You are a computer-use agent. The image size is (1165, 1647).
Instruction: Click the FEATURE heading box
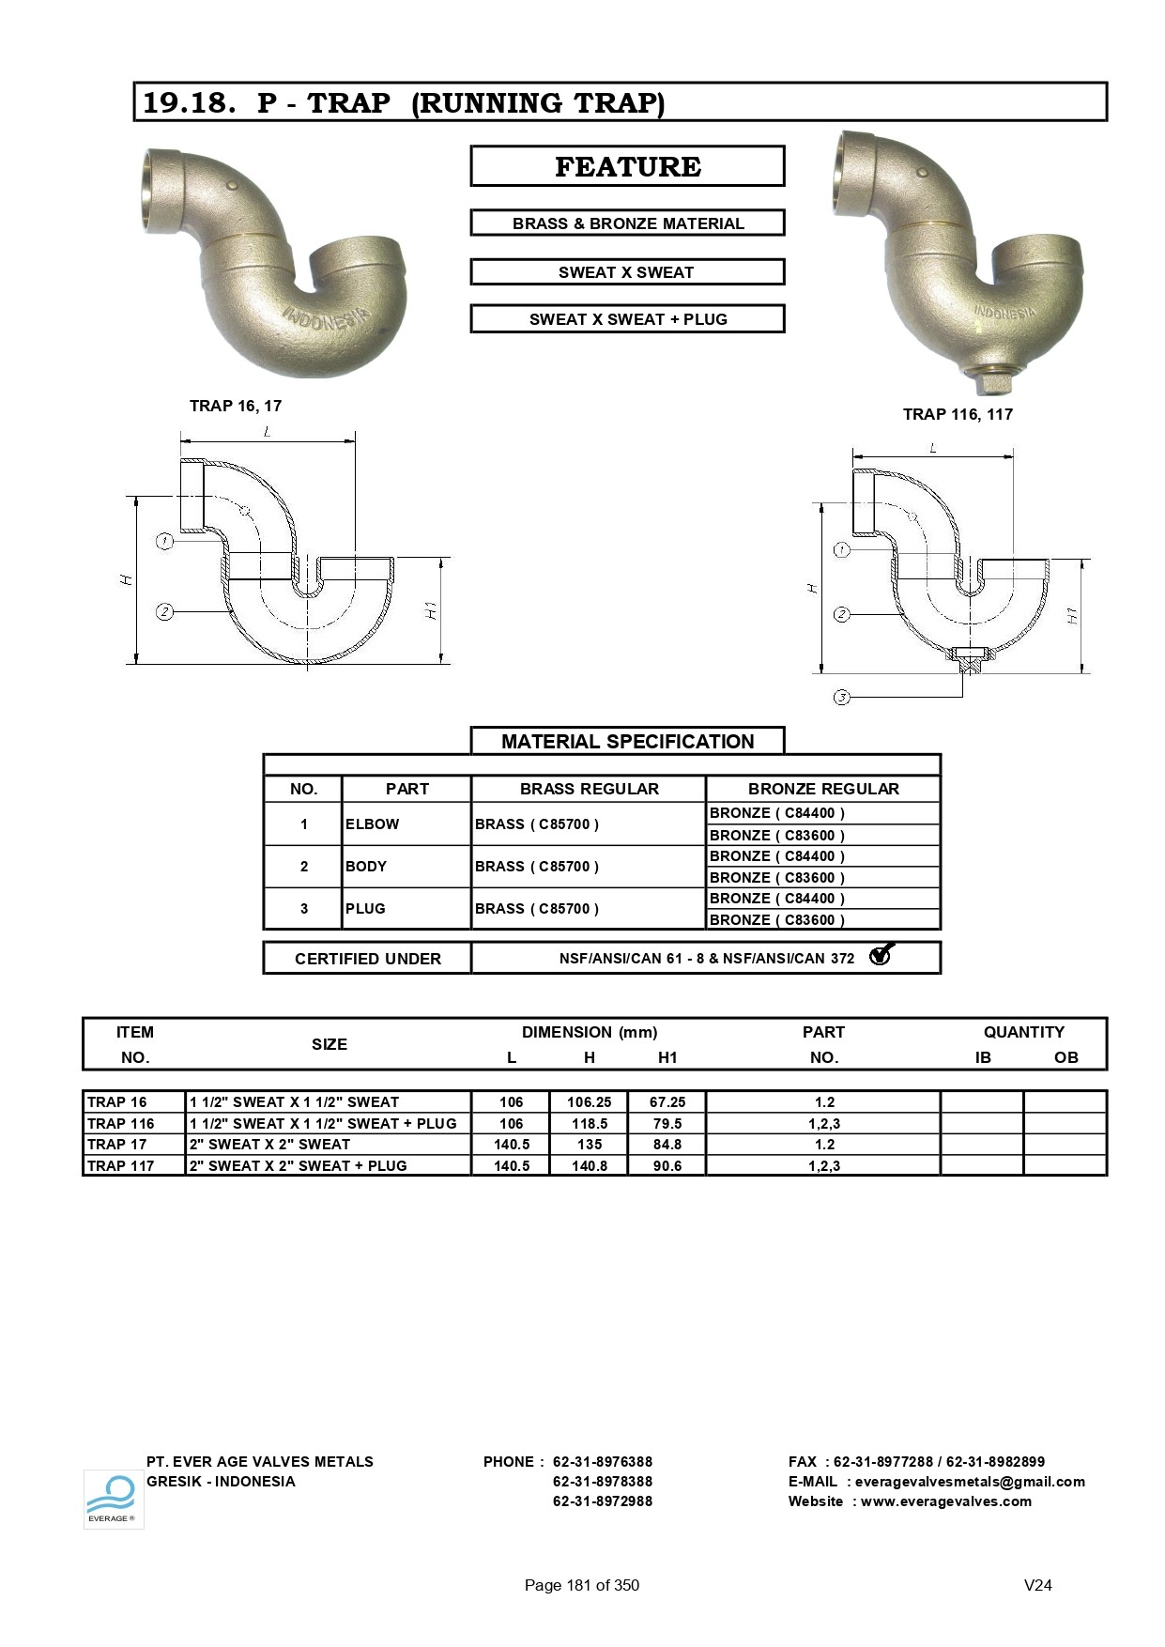(x=627, y=166)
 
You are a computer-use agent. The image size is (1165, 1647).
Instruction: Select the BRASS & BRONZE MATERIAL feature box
(x=627, y=223)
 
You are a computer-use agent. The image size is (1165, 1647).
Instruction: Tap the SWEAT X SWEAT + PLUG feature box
(x=627, y=319)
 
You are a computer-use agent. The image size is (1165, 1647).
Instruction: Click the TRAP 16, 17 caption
(x=236, y=406)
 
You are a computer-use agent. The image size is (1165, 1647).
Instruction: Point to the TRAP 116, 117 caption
(x=958, y=414)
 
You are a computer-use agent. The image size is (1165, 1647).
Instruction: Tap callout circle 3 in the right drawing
(x=842, y=698)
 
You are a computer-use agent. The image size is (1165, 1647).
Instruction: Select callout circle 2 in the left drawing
(x=165, y=612)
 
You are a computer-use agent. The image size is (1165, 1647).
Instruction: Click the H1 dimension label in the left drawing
(x=431, y=610)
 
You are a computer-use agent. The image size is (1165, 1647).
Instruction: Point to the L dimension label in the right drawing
(x=933, y=449)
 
